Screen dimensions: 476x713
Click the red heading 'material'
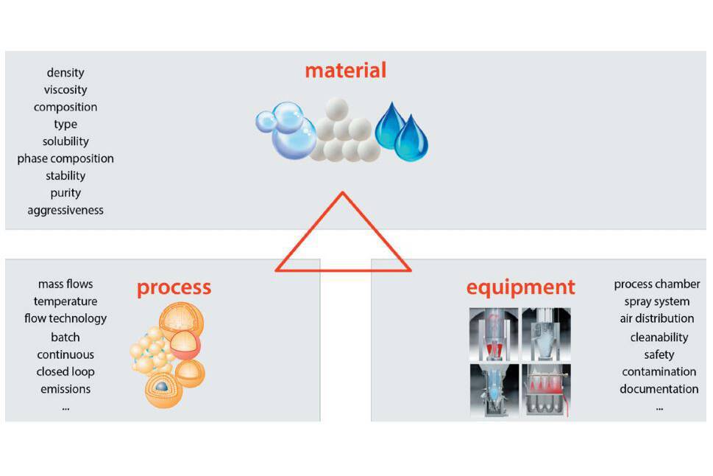click(x=345, y=71)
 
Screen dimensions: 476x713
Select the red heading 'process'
click(x=174, y=287)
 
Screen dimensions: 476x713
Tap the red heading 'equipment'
click(x=521, y=287)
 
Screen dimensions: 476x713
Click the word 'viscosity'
click(x=65, y=90)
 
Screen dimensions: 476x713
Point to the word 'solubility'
click(x=65, y=141)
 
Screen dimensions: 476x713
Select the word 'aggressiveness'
click(x=65, y=210)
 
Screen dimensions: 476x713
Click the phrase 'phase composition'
click(x=65, y=158)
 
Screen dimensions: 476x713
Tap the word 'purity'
click(x=65, y=193)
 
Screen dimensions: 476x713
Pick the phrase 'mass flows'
click(x=65, y=284)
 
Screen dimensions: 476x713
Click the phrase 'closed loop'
click(x=65, y=371)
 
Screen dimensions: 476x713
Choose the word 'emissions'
click(x=65, y=389)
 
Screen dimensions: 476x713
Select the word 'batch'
click(x=65, y=337)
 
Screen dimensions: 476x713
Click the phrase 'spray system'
click(x=657, y=301)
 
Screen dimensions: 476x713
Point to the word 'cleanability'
click(x=659, y=337)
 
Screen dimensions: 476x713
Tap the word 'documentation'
click(x=659, y=389)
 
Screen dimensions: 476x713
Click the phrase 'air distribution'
click(x=657, y=318)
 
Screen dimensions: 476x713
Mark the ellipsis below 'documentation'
click(x=659, y=407)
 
